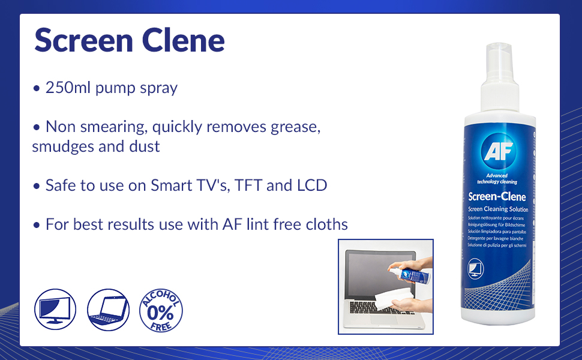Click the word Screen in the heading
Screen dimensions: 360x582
83,40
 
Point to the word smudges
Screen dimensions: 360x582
64,146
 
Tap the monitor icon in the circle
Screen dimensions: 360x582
55,309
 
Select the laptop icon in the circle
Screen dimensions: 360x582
108,309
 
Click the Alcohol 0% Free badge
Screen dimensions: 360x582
161,309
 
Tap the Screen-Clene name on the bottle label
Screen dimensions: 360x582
497,196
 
